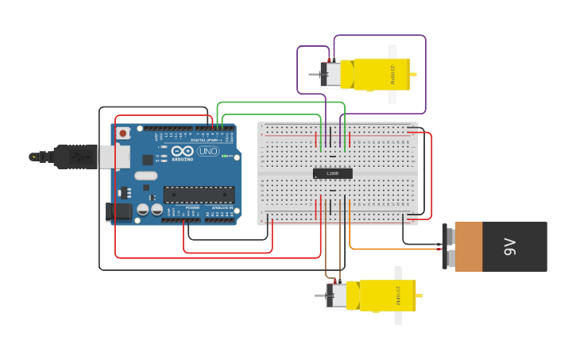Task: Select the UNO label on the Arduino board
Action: point(207,151)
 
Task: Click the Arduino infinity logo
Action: point(182,151)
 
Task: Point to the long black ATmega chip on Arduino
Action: point(199,194)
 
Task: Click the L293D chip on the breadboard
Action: point(332,173)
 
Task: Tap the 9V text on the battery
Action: point(509,247)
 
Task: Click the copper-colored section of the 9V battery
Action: point(468,247)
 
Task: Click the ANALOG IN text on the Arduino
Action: point(221,207)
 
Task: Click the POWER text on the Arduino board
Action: point(192,207)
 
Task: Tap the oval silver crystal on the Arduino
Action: point(145,176)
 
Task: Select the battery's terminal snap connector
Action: point(448,247)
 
